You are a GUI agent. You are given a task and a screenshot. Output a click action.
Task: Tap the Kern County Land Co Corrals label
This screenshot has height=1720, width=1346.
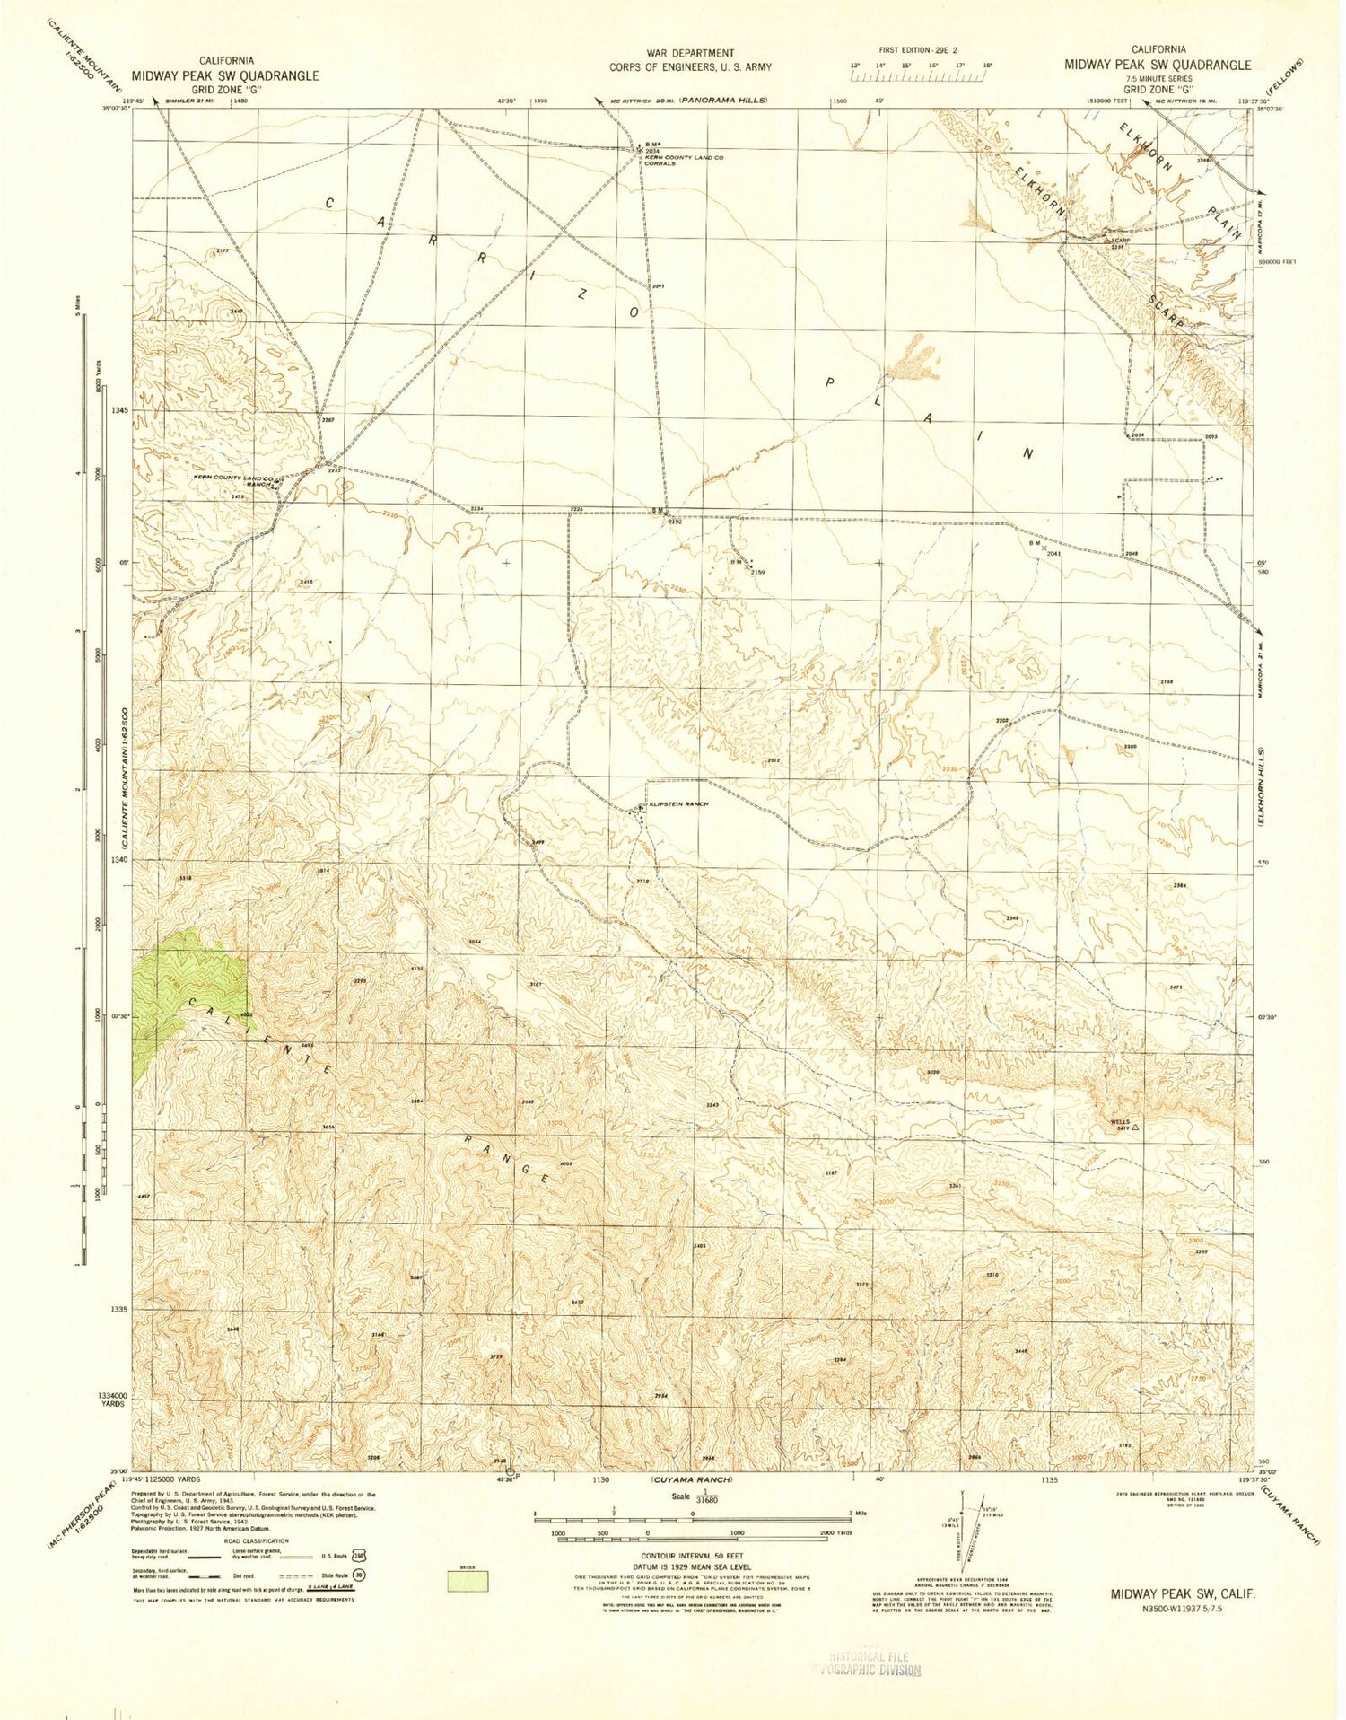coord(684,161)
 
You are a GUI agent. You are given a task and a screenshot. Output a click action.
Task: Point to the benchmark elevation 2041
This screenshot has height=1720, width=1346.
coord(1054,554)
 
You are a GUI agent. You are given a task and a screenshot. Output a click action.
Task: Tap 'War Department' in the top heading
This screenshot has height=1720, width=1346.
coord(690,53)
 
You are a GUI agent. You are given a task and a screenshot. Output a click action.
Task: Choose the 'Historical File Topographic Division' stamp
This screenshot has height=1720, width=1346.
coord(866,1663)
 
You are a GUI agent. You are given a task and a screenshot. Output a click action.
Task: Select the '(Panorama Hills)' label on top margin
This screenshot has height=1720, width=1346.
coord(723,100)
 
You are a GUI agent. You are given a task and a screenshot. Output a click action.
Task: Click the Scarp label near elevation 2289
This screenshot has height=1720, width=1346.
coord(1118,240)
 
